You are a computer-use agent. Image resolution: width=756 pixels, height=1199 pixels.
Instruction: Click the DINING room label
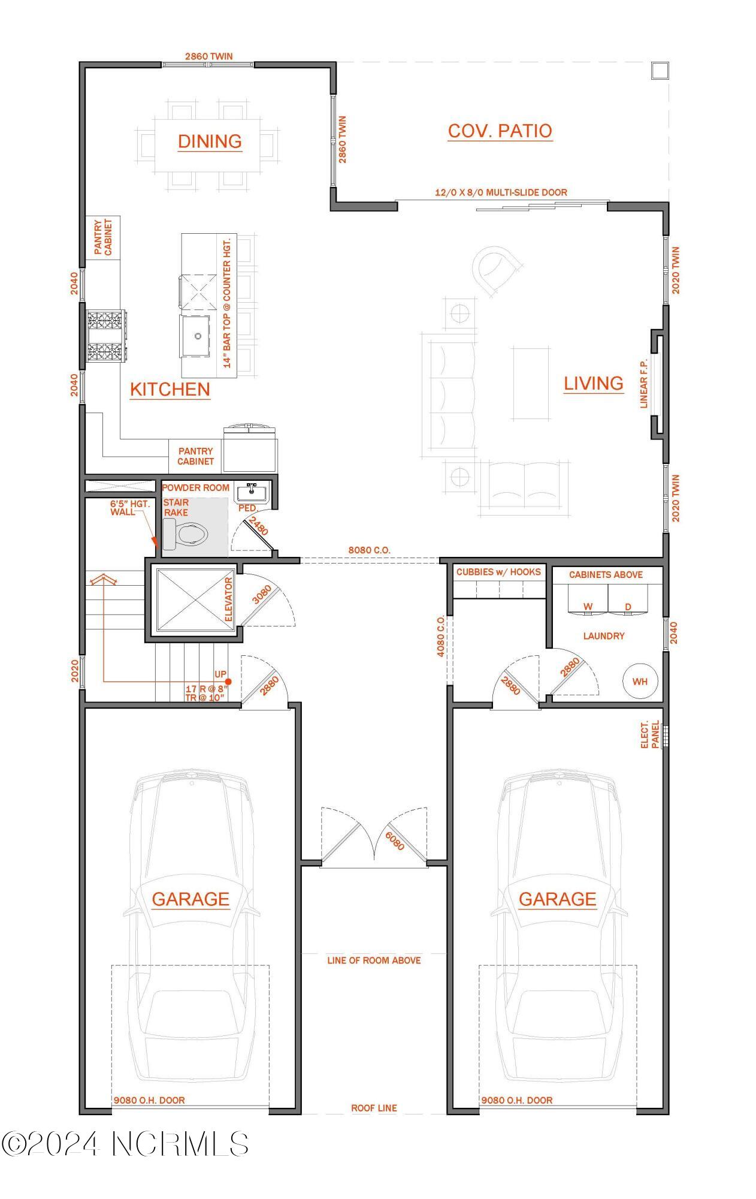pyautogui.click(x=210, y=141)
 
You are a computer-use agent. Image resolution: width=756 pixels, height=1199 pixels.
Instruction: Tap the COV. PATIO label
pyautogui.click(x=500, y=131)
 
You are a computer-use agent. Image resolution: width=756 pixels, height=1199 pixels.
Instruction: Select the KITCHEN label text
pyautogui.click(x=170, y=389)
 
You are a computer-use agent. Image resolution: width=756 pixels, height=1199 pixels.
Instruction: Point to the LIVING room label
pyautogui.click(x=593, y=383)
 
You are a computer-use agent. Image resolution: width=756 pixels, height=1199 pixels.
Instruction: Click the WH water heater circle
pyautogui.click(x=640, y=681)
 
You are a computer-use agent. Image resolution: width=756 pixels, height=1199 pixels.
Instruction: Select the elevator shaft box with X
pyautogui.click(x=195, y=599)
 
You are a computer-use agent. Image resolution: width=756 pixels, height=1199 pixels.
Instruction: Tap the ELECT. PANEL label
pyautogui.click(x=649, y=734)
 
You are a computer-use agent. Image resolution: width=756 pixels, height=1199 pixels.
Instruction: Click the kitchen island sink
pyautogui.click(x=197, y=336)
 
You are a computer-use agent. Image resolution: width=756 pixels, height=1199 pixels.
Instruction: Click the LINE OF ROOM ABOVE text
pyautogui.click(x=374, y=960)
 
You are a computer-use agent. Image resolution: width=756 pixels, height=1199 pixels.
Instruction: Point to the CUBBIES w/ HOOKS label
pyautogui.click(x=498, y=572)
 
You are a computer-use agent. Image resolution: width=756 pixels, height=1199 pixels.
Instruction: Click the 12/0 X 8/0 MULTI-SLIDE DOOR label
pyautogui.click(x=501, y=192)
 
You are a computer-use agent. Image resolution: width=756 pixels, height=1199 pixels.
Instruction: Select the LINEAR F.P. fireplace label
pyautogui.click(x=644, y=384)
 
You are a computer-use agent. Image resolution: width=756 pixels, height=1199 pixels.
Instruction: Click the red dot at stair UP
pyautogui.click(x=228, y=682)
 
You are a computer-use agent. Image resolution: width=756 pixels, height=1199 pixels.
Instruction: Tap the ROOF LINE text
pyautogui.click(x=374, y=1108)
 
